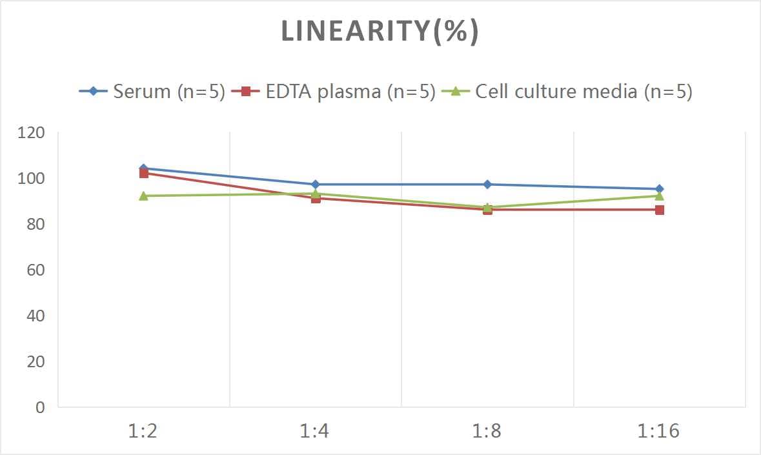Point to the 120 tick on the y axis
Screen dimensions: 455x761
[x=32, y=133]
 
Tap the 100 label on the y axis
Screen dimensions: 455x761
[x=32, y=179]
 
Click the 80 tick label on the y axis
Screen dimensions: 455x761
[x=35, y=225]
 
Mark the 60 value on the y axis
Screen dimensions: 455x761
[x=35, y=270]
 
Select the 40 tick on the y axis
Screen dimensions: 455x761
[x=35, y=316]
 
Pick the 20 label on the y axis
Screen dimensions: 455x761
[x=35, y=361]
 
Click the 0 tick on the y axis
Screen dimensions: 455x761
[x=41, y=407]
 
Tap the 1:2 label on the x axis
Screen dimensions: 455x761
[x=143, y=430]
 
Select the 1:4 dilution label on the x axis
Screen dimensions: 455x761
[x=315, y=430]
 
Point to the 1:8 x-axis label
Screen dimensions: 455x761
[x=487, y=430]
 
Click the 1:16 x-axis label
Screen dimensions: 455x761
[x=659, y=430]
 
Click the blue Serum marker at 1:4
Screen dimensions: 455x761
[x=316, y=185]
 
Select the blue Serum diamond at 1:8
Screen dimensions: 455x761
[x=487, y=185]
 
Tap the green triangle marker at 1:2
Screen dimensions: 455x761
[x=143, y=196]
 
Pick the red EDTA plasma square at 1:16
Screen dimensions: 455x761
[x=660, y=210]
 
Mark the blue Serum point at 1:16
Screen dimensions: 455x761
[x=660, y=189]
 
